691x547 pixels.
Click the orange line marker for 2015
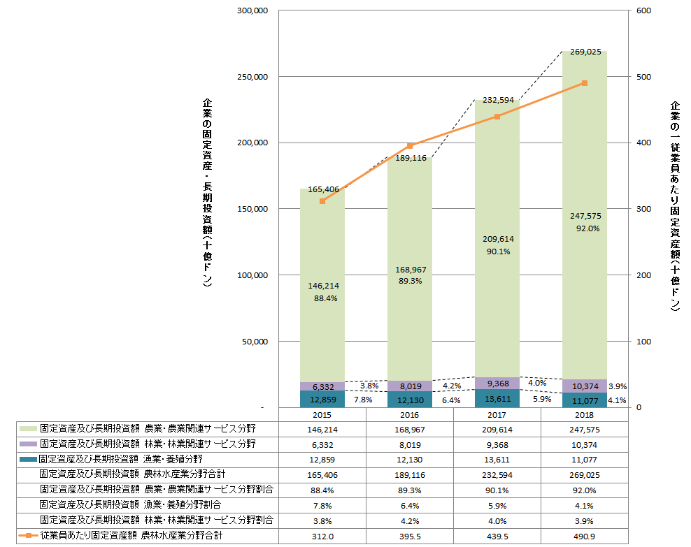coord(322,201)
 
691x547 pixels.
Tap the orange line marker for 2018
coord(584,83)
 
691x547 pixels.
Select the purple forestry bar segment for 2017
coord(497,383)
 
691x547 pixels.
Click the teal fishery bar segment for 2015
coord(322,399)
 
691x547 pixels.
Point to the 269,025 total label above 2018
coord(585,52)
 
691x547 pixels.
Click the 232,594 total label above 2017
coord(497,100)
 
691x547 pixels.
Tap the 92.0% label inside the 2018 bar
coord(585,228)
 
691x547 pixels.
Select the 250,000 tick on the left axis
coord(253,77)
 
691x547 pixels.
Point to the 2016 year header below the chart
coord(410,415)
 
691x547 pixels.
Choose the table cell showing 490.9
coord(585,537)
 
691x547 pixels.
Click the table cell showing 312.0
coord(322,537)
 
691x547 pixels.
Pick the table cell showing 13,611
coord(497,459)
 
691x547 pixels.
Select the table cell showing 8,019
coord(410,444)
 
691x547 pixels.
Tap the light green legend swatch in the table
coord(28,428)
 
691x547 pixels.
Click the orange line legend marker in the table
coord(28,537)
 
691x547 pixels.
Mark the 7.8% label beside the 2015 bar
coord(362,400)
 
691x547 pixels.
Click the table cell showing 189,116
coord(410,474)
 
